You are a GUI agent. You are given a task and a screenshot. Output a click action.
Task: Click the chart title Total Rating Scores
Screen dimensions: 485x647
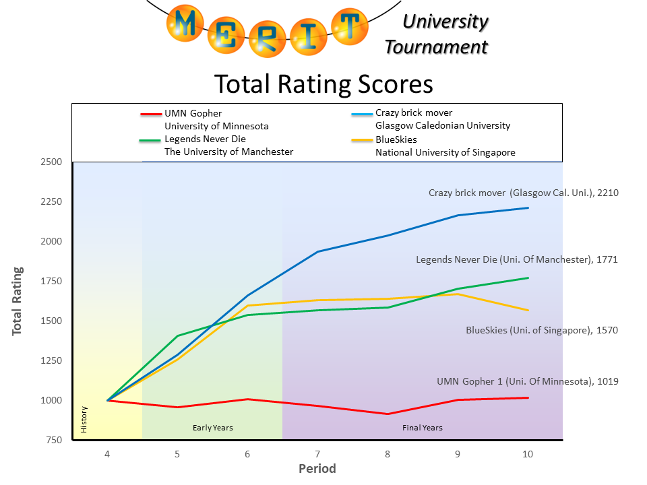click(323, 84)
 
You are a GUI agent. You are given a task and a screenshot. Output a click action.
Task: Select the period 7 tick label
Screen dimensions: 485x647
click(317, 454)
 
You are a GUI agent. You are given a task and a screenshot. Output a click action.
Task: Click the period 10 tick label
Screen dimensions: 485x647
click(528, 454)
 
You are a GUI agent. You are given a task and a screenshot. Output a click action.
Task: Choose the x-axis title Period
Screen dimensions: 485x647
click(317, 469)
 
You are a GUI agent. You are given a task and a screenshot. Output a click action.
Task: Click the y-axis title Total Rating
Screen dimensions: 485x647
click(18, 301)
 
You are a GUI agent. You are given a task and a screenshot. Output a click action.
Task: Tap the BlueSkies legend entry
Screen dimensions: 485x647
click(396, 139)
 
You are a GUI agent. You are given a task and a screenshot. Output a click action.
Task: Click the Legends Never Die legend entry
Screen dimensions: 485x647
click(206, 139)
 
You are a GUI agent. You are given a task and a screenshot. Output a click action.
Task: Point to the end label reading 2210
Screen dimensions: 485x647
click(524, 193)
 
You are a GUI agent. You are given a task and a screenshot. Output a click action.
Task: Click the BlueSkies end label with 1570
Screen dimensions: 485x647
click(542, 330)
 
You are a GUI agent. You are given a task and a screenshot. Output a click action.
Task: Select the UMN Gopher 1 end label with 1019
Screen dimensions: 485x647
click(528, 381)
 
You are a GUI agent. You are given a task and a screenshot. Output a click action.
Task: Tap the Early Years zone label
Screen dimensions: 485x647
click(212, 428)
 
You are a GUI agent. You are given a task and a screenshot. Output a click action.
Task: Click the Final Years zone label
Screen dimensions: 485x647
click(423, 428)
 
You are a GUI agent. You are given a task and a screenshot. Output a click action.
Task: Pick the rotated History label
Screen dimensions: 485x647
click(84, 419)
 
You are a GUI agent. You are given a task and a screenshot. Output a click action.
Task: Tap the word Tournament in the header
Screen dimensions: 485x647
click(436, 47)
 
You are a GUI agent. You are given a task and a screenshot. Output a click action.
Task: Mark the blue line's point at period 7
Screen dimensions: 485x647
click(317, 251)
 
